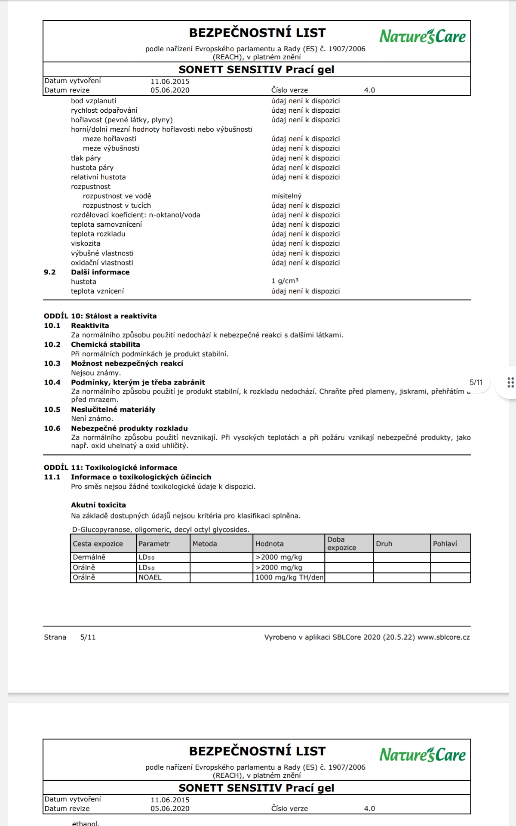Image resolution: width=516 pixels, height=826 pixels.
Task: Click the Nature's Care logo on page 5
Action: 422,36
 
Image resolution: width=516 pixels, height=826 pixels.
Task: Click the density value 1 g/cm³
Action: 285,281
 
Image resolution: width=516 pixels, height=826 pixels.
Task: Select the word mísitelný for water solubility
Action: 286,196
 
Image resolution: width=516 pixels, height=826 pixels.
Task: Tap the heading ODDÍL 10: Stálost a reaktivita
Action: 100,316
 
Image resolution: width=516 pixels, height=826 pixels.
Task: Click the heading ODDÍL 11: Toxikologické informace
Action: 111,468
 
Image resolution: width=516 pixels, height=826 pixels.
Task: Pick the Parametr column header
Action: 154,544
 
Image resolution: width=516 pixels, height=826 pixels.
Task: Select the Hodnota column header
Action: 270,544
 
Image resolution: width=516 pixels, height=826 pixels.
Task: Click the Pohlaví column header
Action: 445,544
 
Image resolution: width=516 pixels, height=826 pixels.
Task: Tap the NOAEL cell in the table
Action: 150,577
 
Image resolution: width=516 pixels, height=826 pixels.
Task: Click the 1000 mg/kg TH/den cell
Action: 289,577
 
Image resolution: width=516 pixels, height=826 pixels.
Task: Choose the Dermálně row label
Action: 89,557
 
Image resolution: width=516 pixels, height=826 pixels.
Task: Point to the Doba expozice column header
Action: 342,543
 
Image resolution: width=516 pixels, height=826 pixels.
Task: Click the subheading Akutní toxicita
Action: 98,505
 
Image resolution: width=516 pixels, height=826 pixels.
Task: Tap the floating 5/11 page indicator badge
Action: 476,382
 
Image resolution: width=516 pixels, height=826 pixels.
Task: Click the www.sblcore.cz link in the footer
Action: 443,637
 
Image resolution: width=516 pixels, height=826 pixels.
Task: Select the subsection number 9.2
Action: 50,272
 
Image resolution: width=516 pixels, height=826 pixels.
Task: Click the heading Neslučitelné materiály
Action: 113,410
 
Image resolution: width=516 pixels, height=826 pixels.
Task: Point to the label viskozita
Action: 86,243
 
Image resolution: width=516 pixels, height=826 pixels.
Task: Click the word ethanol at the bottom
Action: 86,823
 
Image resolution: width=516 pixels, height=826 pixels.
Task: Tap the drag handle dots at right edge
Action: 510,382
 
